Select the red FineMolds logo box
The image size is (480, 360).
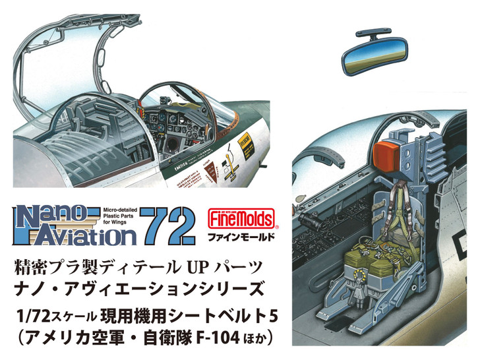[233, 215]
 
